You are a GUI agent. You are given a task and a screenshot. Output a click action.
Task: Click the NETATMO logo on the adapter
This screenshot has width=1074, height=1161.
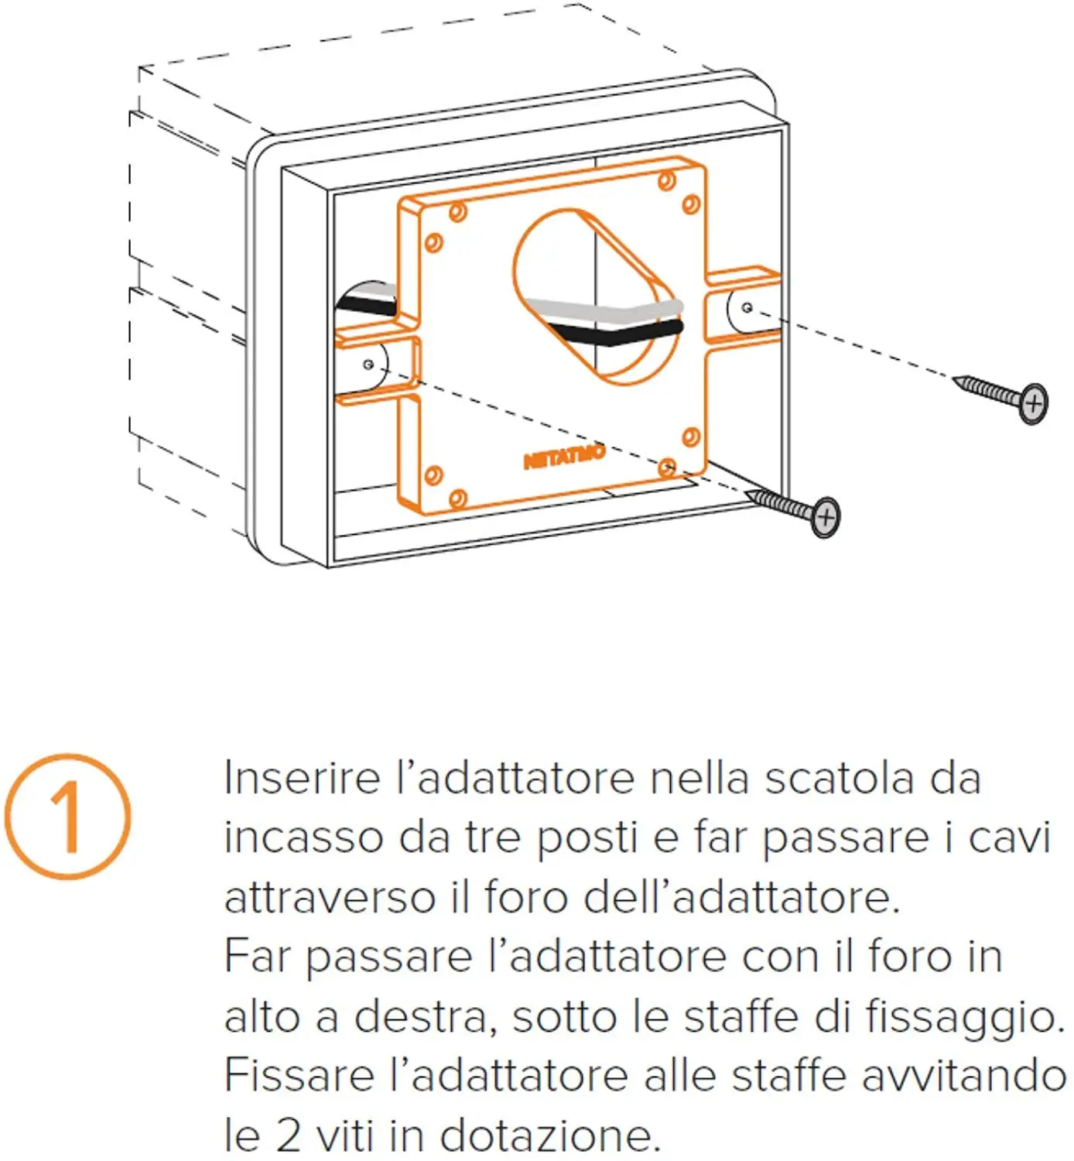click(x=564, y=457)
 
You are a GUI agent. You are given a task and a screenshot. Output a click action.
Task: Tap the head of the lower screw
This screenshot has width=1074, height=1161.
click(x=826, y=516)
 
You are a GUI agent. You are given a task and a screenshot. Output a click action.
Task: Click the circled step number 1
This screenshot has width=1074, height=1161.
click(x=68, y=817)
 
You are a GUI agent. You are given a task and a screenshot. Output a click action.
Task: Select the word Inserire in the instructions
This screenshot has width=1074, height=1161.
click(x=302, y=778)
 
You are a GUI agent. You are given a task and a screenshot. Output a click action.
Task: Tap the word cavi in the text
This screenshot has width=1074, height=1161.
click(x=1010, y=837)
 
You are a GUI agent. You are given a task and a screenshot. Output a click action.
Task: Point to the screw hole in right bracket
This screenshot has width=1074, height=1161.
click(x=747, y=307)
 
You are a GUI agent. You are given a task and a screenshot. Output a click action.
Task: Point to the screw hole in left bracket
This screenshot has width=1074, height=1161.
click(x=368, y=364)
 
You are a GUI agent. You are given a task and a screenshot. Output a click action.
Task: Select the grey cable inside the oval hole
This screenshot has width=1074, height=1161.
click(x=604, y=310)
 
